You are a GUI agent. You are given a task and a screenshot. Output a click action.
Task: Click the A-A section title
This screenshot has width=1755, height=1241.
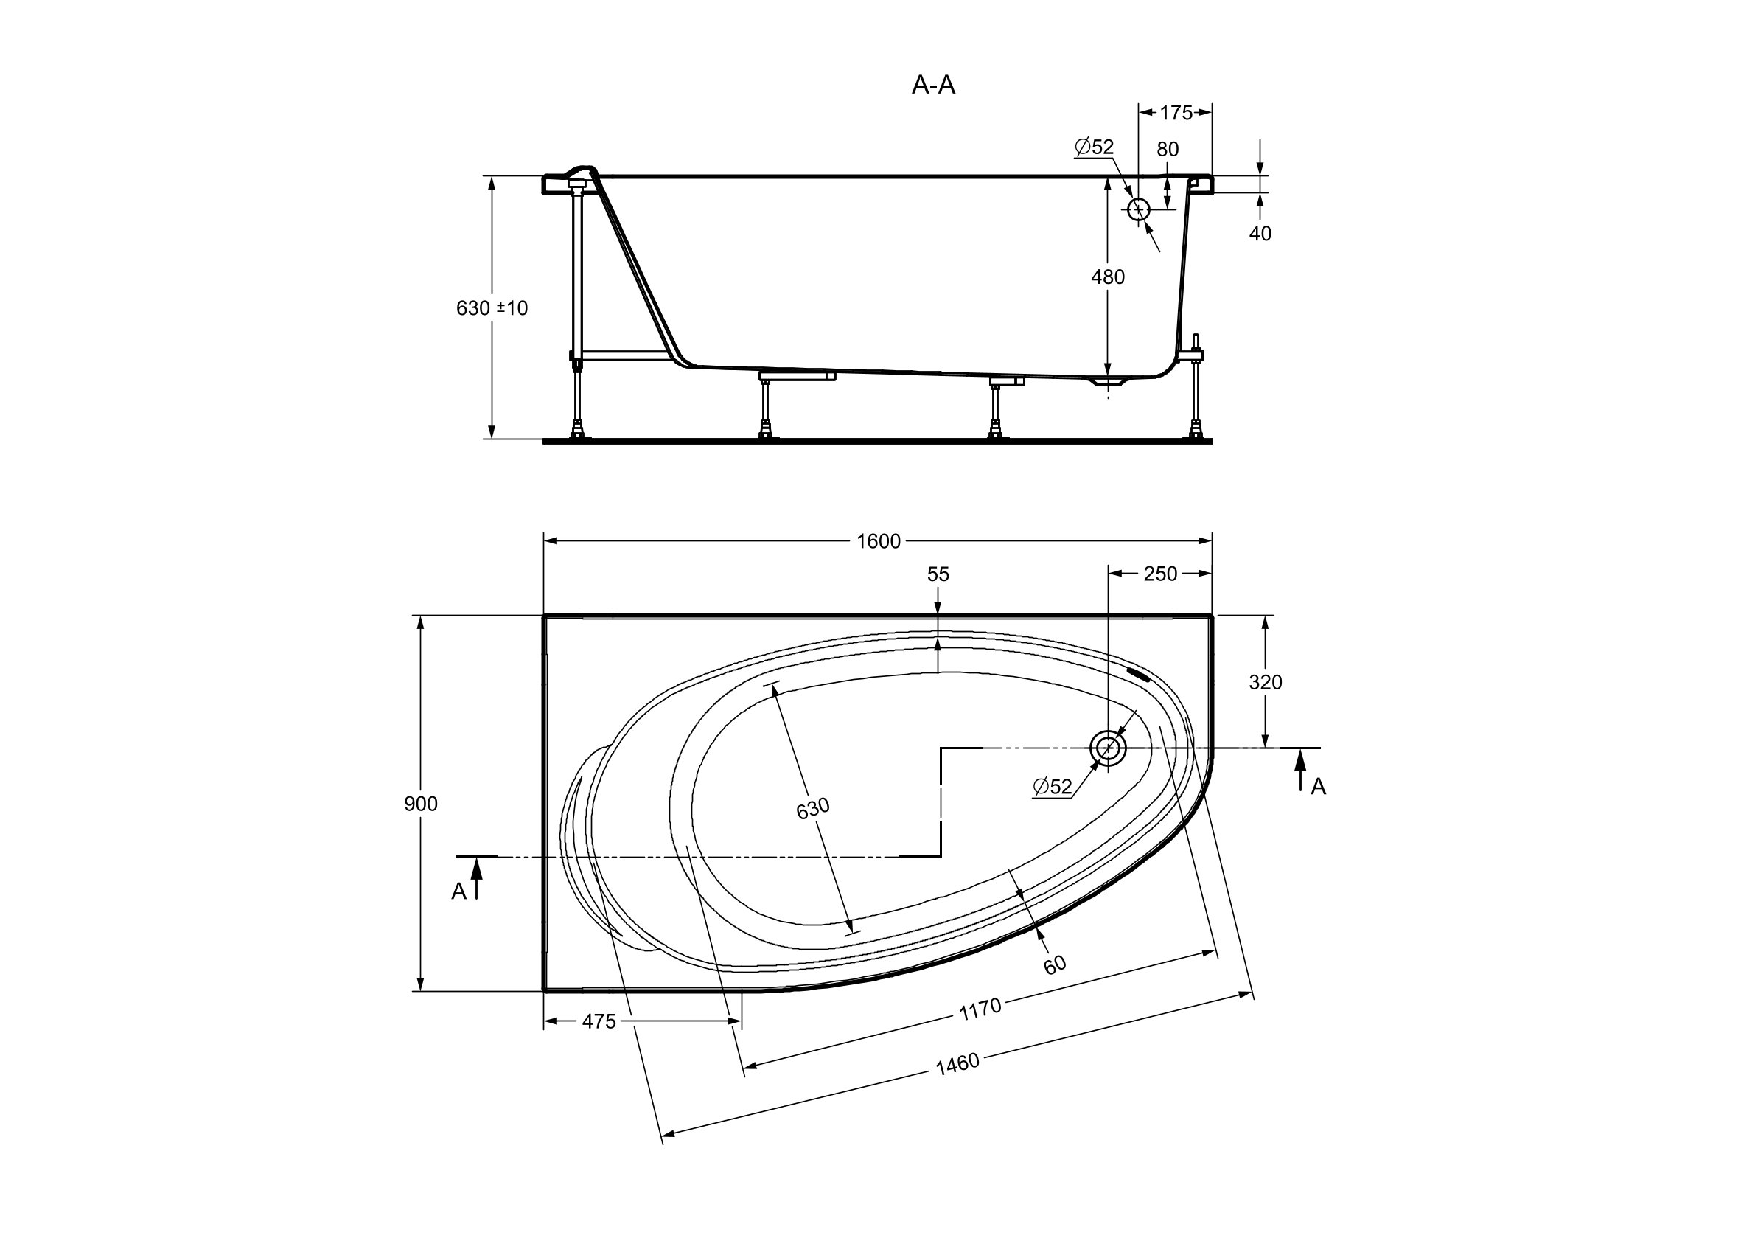click(933, 85)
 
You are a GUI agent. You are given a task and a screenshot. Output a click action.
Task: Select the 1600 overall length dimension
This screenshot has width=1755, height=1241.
click(879, 541)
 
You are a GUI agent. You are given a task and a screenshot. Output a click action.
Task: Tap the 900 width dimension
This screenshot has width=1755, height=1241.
click(420, 804)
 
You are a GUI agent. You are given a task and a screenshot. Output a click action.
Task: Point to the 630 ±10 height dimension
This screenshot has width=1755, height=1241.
click(492, 308)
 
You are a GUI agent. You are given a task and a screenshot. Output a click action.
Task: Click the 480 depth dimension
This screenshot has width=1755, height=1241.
click(1108, 277)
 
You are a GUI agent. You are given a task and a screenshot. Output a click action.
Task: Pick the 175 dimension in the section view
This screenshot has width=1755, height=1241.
click(1176, 113)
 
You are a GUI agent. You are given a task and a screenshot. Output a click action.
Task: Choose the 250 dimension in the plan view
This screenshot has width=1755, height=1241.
click(1159, 574)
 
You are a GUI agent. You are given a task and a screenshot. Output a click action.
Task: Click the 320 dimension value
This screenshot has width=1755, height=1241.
click(1265, 682)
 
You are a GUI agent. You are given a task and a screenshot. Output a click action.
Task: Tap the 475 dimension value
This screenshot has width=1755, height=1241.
click(599, 1021)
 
